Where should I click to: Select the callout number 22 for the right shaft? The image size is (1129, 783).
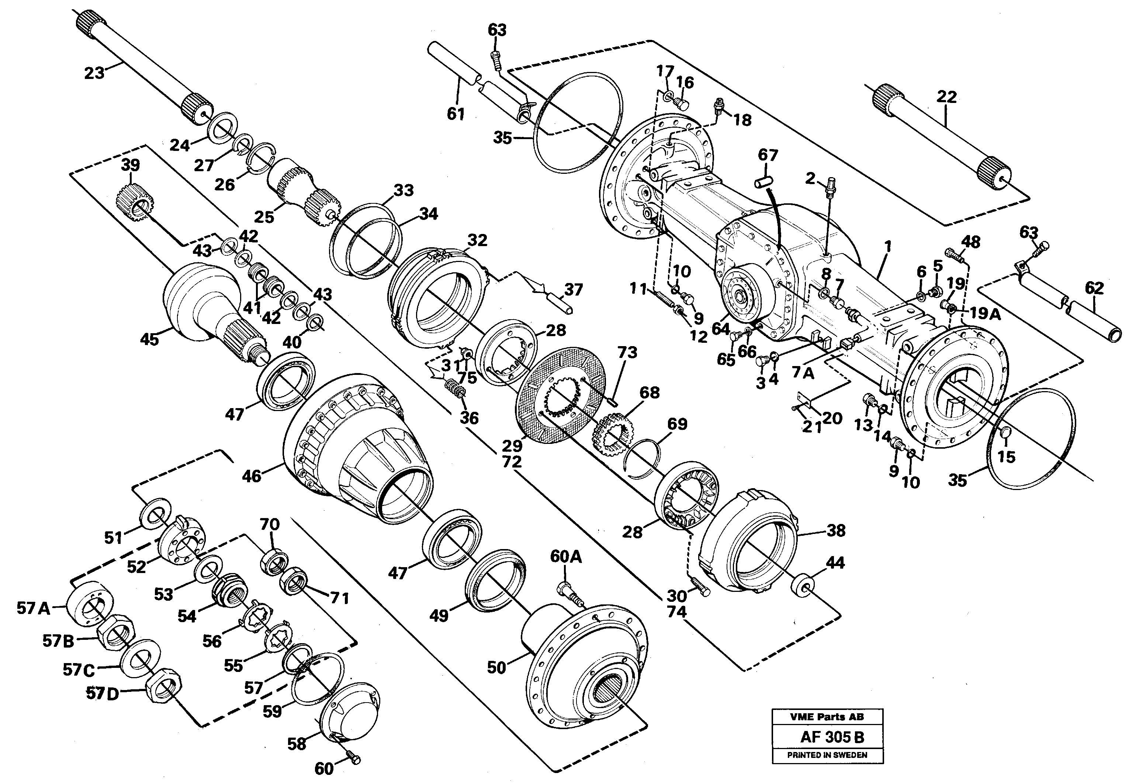(946, 97)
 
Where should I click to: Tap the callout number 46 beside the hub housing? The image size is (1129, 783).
(252, 476)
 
